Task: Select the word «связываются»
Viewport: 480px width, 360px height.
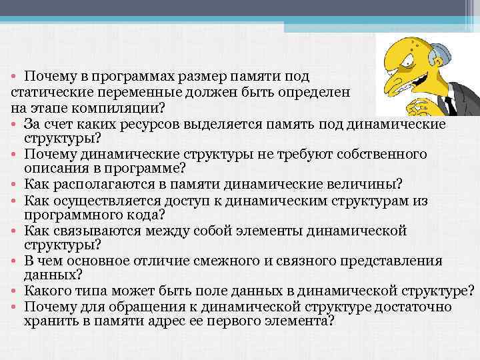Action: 92,230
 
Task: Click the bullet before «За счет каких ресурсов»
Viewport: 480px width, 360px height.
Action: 14,123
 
